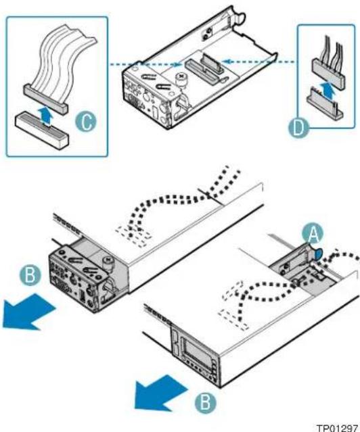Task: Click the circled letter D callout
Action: (298, 128)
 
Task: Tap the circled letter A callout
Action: (313, 235)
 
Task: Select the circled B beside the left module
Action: (30, 275)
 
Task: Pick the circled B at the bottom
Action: (206, 402)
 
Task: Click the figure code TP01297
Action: (337, 427)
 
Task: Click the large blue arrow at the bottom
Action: (160, 393)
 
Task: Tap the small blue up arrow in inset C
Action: (45, 116)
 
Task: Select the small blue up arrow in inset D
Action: (329, 89)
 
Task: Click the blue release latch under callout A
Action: (317, 254)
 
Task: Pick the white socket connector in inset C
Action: (41, 130)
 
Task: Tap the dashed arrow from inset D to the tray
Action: (258, 62)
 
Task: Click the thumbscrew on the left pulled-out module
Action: (108, 264)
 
